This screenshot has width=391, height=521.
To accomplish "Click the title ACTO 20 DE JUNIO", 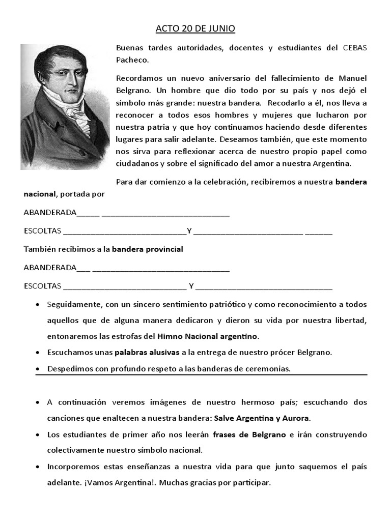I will tap(195, 29).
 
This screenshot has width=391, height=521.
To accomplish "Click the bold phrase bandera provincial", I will tap(147, 250).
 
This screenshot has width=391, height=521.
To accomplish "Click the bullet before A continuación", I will tap(38, 402).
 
